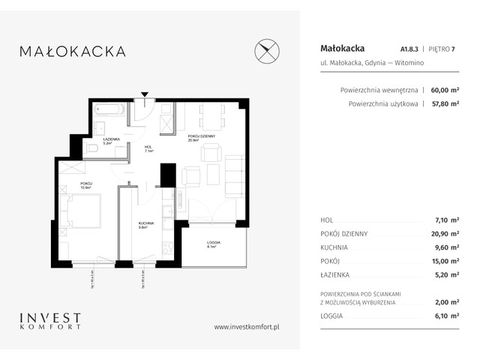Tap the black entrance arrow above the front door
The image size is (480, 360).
point(146,95)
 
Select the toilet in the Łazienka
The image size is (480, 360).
point(93,149)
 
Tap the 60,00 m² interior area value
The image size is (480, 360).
point(445,88)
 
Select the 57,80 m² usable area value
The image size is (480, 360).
point(445,104)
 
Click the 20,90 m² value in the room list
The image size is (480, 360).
point(445,233)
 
